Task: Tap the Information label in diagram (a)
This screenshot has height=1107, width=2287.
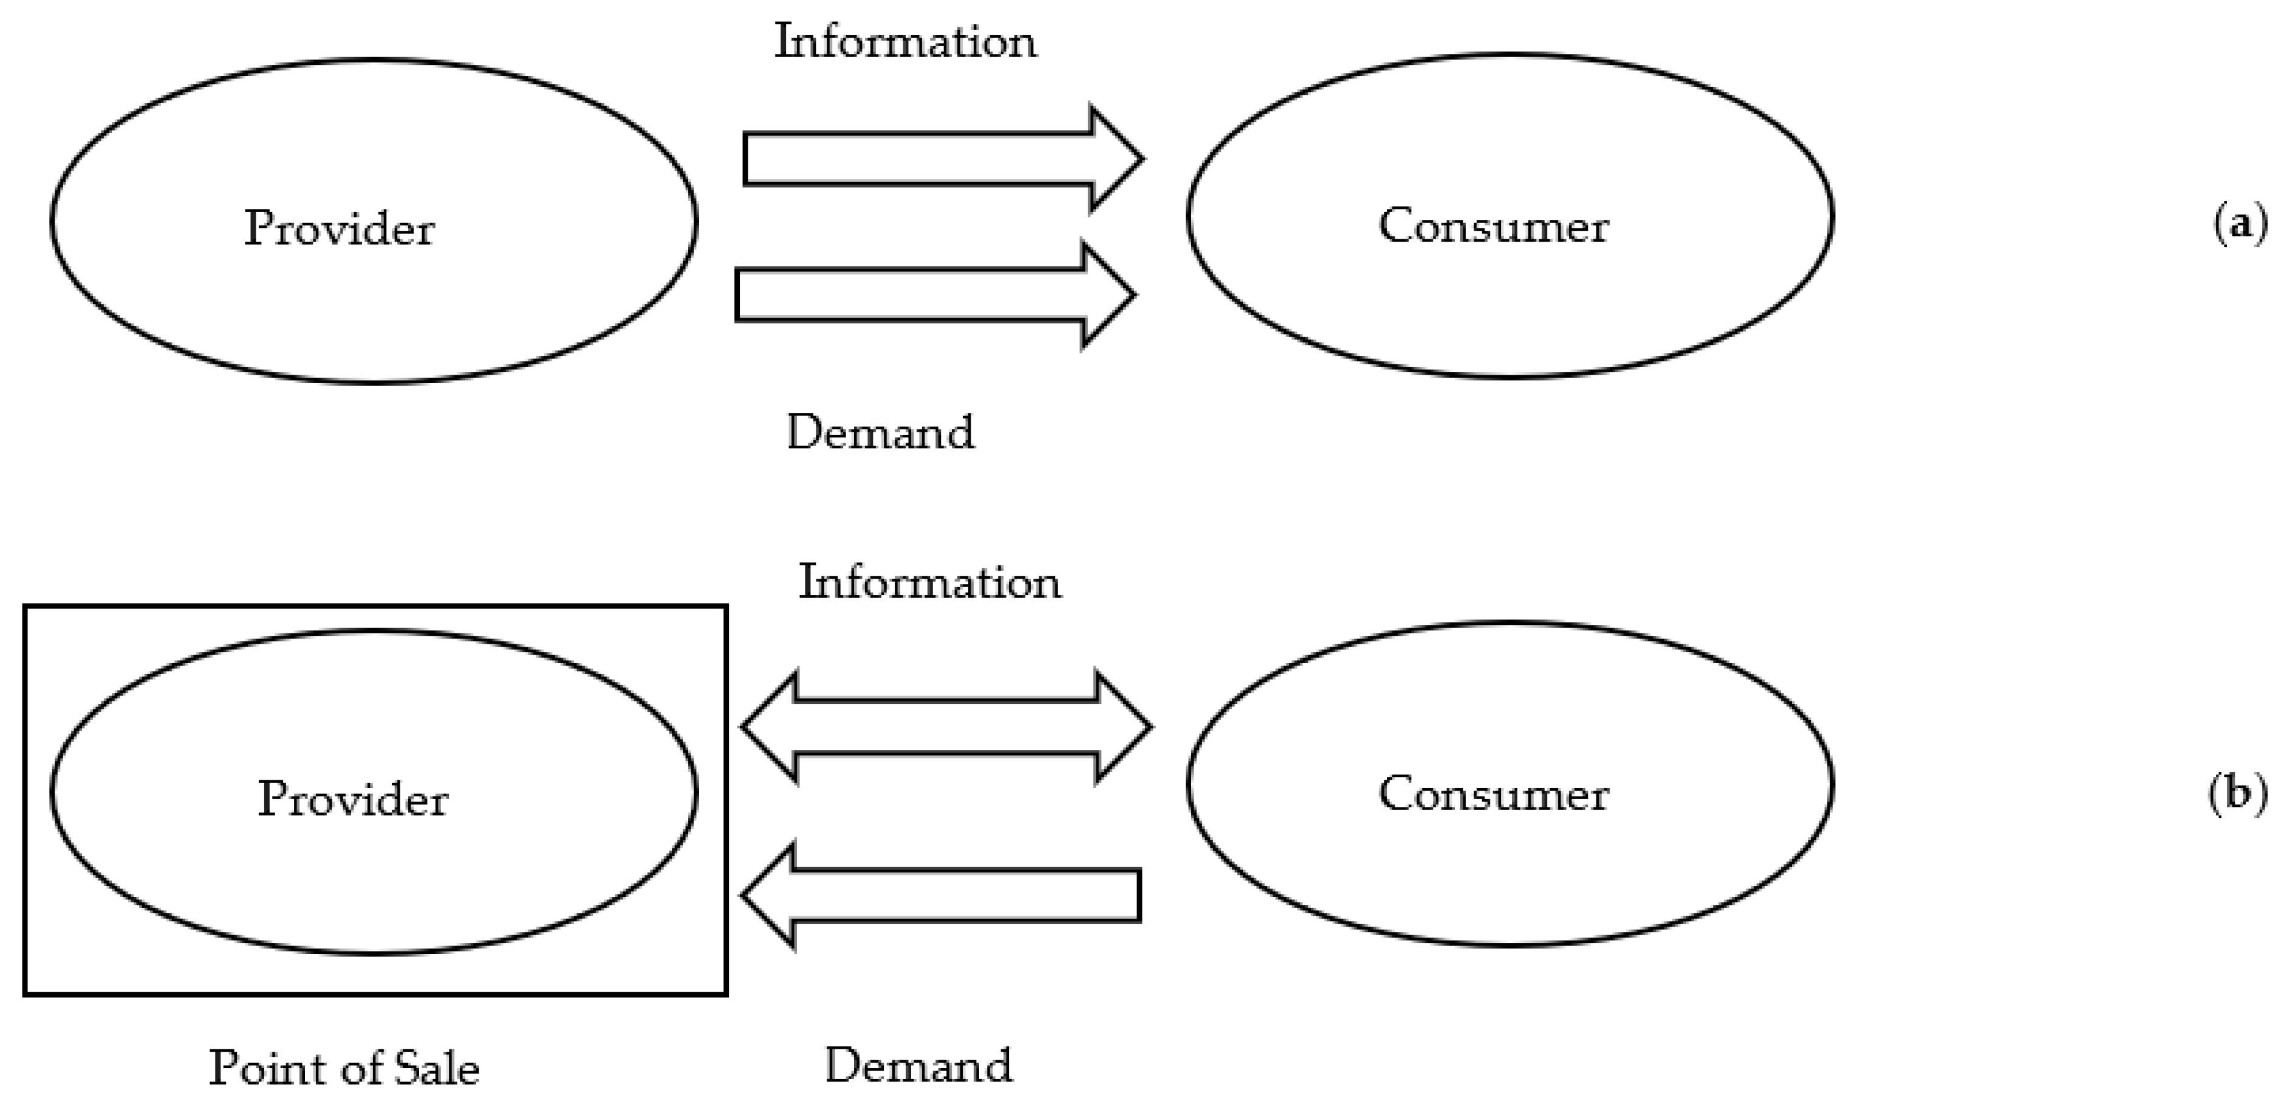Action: pos(904,42)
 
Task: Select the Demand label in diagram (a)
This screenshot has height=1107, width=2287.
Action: pos(880,432)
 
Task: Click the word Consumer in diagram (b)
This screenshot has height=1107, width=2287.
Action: pos(1492,794)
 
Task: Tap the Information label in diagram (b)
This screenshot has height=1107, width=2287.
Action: pos(929,583)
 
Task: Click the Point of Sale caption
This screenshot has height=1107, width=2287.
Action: pos(344,1068)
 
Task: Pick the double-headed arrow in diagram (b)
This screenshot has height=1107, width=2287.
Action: pos(946,727)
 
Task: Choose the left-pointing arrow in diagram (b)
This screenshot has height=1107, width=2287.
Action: pos(941,895)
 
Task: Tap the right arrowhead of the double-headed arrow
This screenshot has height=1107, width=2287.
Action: pos(1123,727)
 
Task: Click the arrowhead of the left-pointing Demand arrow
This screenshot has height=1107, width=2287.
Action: pos(769,895)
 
